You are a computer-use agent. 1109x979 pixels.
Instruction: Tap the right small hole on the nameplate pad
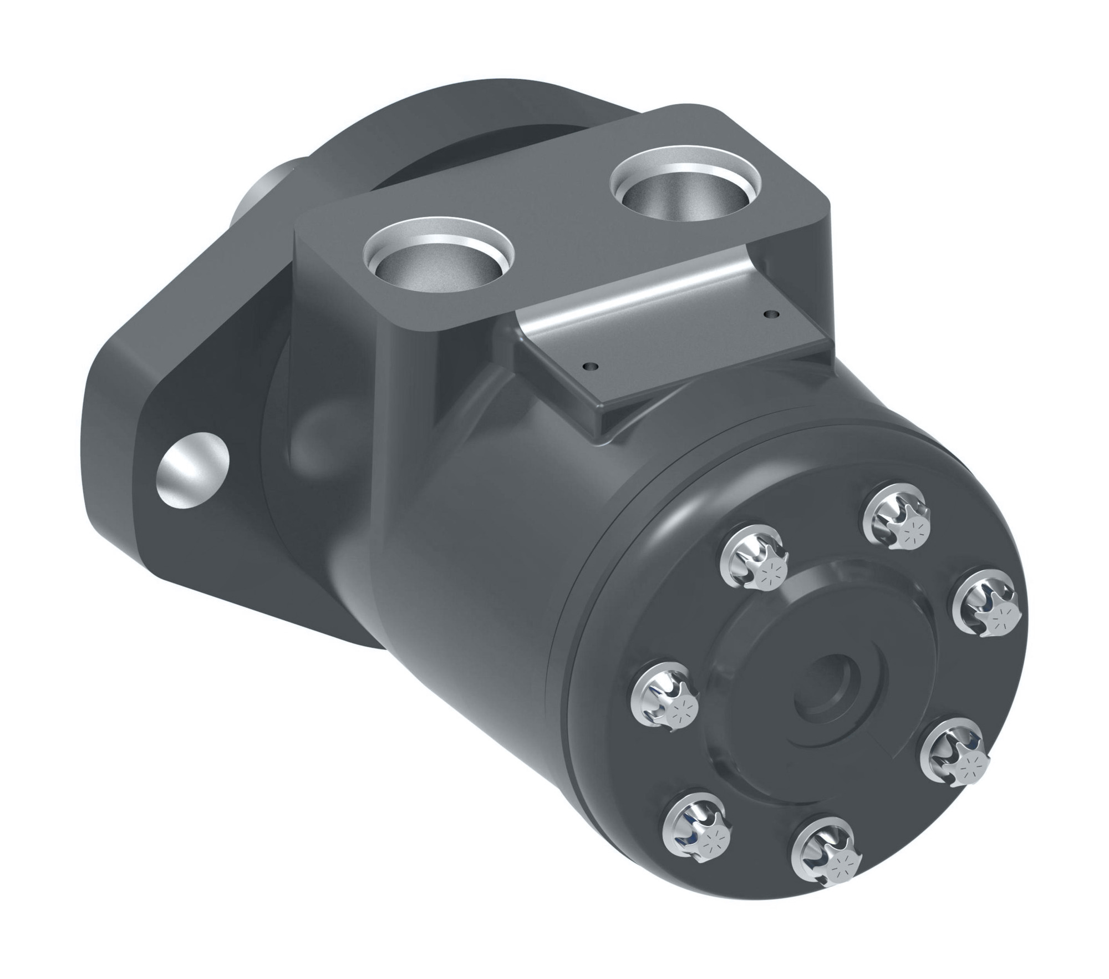click(767, 315)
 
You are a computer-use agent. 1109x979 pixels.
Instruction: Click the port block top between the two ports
click(549, 233)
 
